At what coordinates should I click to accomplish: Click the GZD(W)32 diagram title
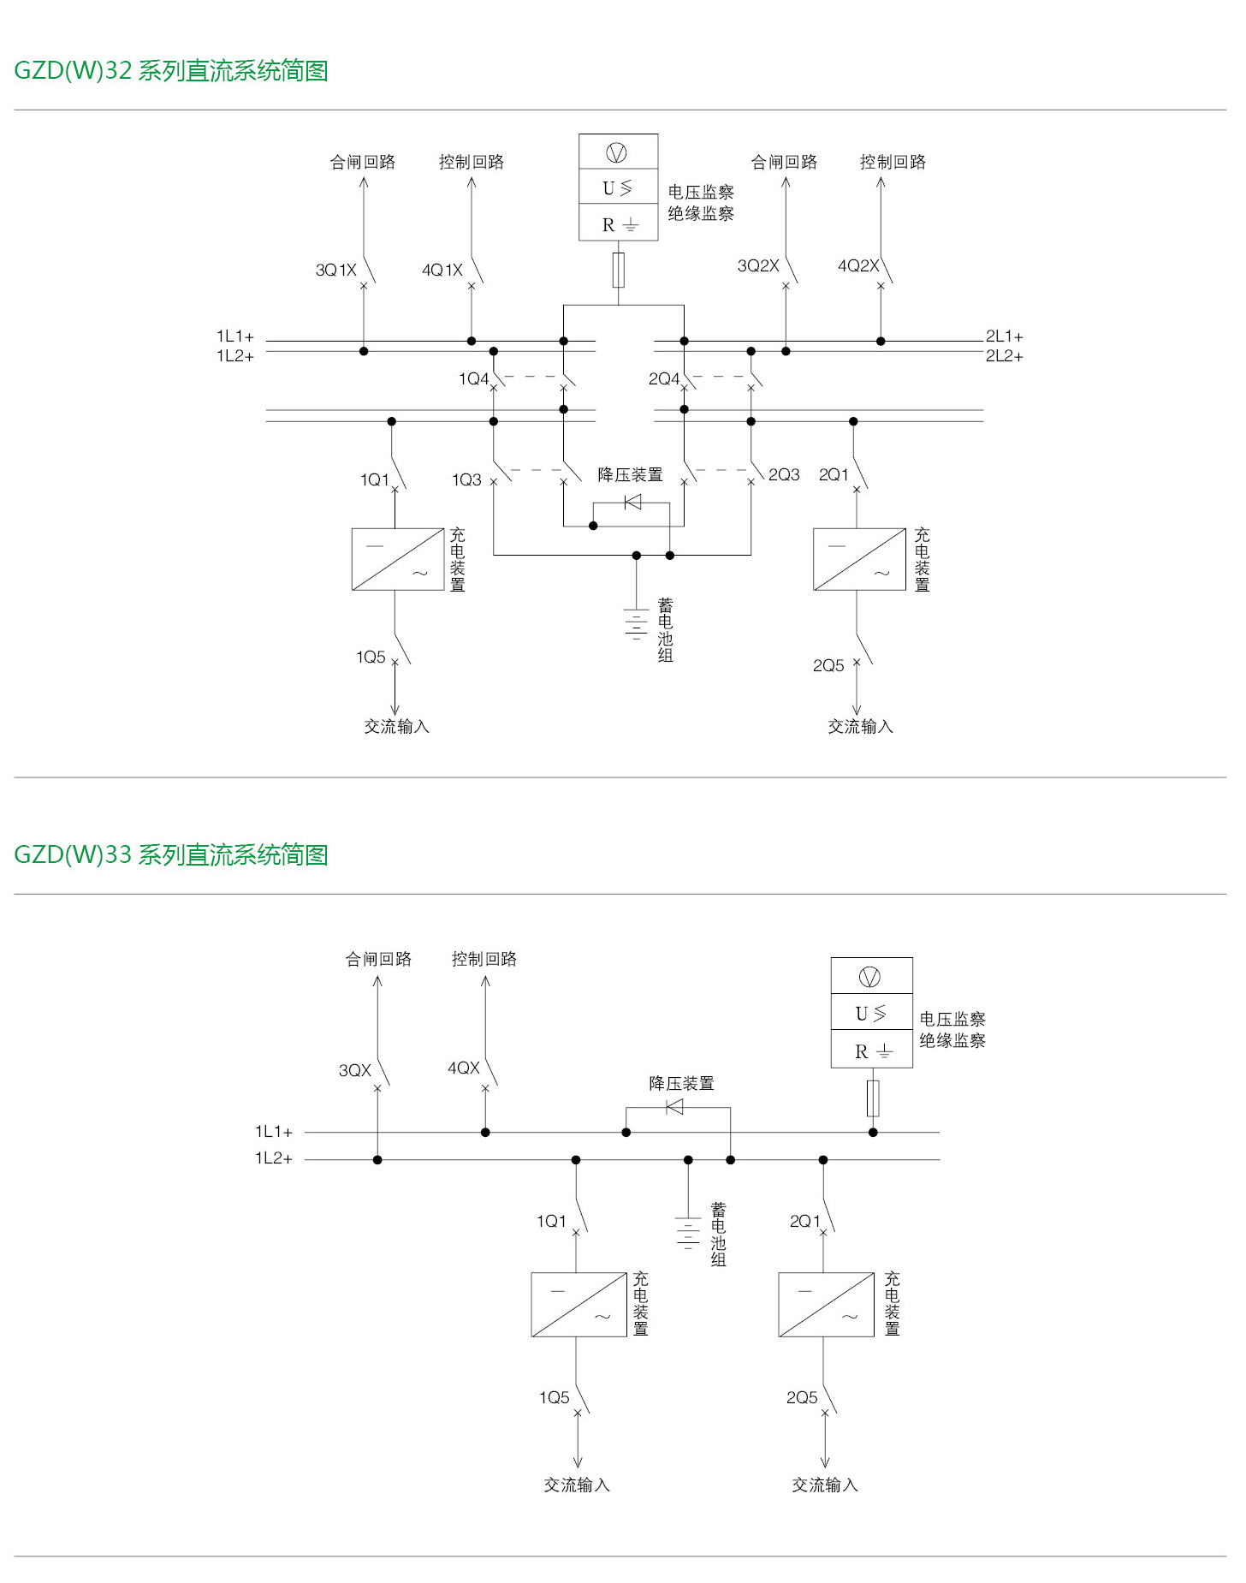[x=171, y=70]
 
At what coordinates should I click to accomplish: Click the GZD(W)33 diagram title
[x=171, y=854]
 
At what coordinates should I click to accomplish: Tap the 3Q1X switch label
[x=335, y=271]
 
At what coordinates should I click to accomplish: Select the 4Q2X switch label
[x=857, y=266]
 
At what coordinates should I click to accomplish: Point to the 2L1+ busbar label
[x=1004, y=336]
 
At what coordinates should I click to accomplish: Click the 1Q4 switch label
[x=473, y=379]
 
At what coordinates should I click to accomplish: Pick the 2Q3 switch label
[x=784, y=475]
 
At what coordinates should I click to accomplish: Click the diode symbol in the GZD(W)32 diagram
[x=632, y=503]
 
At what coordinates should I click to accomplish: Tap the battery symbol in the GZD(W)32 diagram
[x=636, y=625]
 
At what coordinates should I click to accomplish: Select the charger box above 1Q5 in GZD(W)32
[x=398, y=559]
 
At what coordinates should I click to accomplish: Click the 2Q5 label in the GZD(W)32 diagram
[x=828, y=666]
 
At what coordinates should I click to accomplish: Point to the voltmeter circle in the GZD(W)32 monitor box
[x=617, y=152]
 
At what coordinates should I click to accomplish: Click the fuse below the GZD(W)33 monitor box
[x=873, y=1098]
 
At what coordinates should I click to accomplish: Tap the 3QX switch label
[x=355, y=1071]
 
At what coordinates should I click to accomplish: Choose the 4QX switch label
[x=464, y=1068]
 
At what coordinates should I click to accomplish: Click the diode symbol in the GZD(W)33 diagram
[x=674, y=1107]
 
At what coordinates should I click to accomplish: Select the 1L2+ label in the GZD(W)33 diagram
[x=274, y=1158]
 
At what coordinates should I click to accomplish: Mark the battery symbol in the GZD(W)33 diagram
[x=688, y=1233]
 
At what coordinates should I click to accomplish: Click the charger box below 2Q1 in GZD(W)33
[x=826, y=1305]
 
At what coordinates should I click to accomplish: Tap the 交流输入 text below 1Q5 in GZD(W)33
[x=577, y=1485]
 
